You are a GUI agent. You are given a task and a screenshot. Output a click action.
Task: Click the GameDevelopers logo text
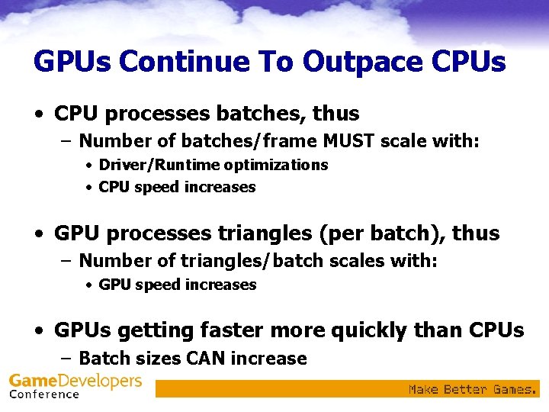[x=75, y=380]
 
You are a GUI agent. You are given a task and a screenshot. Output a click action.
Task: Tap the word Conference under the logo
[x=44, y=394]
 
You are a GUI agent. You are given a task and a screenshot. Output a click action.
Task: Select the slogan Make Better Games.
[x=473, y=389]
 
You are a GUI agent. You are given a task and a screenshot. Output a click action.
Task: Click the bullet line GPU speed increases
[x=178, y=285]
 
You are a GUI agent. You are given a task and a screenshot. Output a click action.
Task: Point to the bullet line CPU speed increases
[x=177, y=187]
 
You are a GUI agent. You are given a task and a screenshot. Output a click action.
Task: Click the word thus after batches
[x=335, y=114]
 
